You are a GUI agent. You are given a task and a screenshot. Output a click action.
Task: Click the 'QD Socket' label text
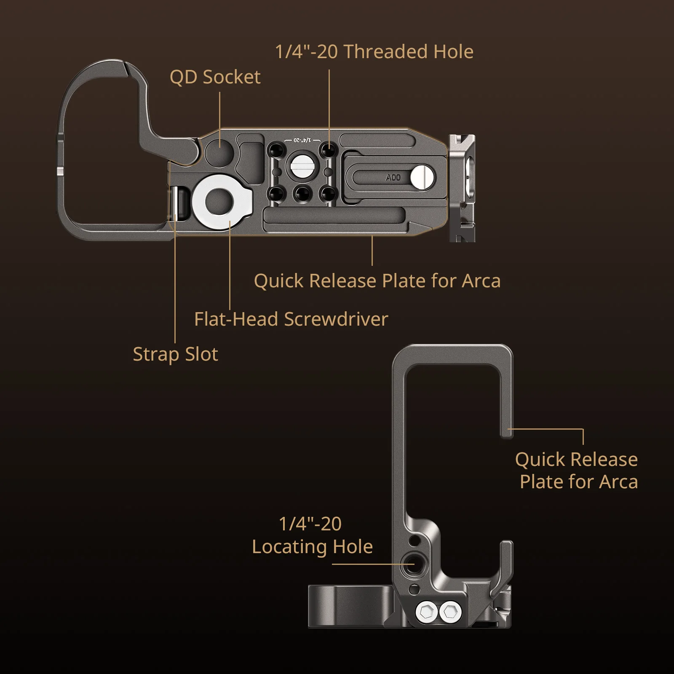(x=215, y=78)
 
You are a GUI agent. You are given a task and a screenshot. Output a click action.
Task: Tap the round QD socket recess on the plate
(x=219, y=152)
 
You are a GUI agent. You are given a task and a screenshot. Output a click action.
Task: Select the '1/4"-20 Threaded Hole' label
(x=374, y=52)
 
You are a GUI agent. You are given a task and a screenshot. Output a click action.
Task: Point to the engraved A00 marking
(x=393, y=178)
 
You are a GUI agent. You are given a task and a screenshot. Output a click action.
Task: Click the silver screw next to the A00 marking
(x=422, y=177)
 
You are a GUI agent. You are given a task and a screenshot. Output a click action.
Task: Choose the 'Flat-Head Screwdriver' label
(x=291, y=319)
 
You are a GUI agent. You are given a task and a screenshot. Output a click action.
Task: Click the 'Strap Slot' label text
(x=175, y=354)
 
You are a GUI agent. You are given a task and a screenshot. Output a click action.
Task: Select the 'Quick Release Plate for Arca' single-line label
(x=377, y=281)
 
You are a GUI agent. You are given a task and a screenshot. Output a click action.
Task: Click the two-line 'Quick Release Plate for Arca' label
(x=576, y=470)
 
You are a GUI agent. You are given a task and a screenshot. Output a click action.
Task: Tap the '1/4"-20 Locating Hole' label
(x=312, y=535)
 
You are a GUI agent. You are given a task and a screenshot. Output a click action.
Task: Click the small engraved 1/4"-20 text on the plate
(x=302, y=139)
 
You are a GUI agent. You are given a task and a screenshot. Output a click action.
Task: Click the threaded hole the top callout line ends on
(x=329, y=150)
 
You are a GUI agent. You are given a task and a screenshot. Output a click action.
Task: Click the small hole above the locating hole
(x=415, y=540)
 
